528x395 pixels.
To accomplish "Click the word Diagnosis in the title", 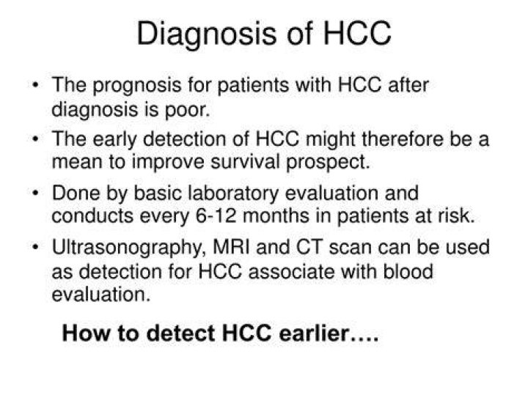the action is (206, 34).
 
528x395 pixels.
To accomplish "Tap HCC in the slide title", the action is (357, 33).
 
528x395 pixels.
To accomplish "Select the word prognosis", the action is (136, 86).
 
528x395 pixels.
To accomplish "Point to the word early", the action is (114, 140).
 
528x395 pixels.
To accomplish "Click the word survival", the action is (245, 161).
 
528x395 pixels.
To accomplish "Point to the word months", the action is (276, 215).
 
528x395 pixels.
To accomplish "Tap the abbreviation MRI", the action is (232, 247).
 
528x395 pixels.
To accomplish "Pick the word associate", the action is (292, 272).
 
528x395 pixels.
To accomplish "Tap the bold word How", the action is (87, 333).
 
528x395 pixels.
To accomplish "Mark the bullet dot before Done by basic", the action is (35, 193).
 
